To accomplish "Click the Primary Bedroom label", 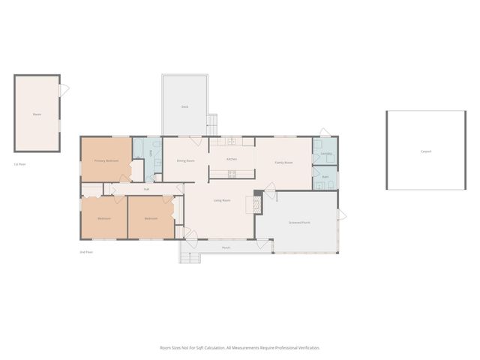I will (x=106, y=160).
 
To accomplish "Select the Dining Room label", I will (x=186, y=160).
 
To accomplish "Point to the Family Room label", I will (x=283, y=162).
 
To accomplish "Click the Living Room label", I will (x=221, y=200).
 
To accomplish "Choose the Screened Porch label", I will (x=300, y=223).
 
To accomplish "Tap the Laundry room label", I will (x=325, y=154).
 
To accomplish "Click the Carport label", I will (x=426, y=151).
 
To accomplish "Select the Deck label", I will (x=184, y=106).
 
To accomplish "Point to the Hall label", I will (x=146, y=189).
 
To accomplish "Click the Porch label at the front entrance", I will (x=226, y=247).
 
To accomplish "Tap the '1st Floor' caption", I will (x=19, y=164).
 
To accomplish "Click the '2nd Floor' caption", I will (x=86, y=252).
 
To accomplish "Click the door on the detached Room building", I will (x=64, y=90).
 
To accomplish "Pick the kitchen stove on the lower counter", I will (x=232, y=175).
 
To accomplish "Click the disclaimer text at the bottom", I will (x=239, y=347).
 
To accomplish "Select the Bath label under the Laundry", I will (x=325, y=177).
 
